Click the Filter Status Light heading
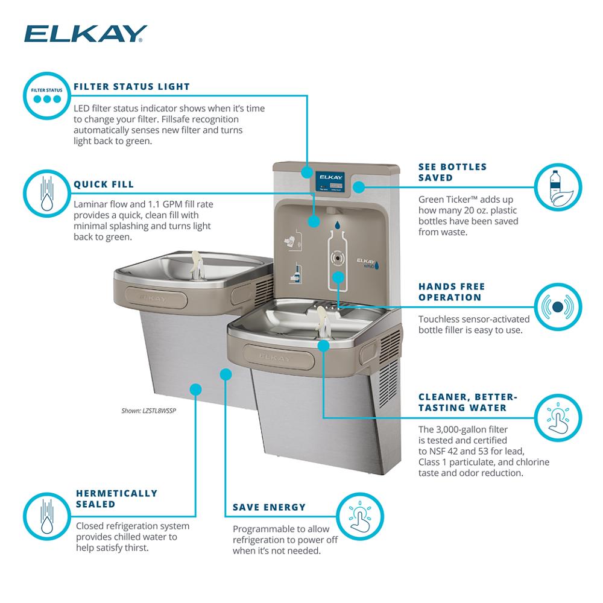click(131, 87)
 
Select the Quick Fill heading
click(103, 185)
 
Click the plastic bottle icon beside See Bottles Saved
click(558, 188)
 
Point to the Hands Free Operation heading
click(452, 292)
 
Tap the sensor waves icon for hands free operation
click(558, 307)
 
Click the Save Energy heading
click(270, 507)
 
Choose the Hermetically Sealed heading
click(116, 498)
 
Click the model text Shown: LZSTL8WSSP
click(149, 411)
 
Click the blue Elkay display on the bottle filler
click(330, 179)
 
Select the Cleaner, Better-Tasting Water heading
click(468, 402)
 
